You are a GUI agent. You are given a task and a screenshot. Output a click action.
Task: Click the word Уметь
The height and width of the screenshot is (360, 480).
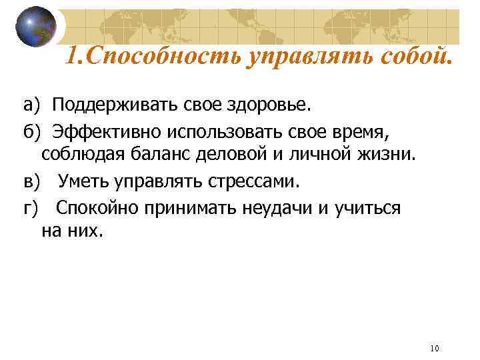(85, 181)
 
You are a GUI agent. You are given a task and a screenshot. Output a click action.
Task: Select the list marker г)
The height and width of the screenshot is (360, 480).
(31, 207)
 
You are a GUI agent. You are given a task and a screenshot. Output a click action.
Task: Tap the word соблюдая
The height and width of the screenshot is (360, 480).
(83, 155)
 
